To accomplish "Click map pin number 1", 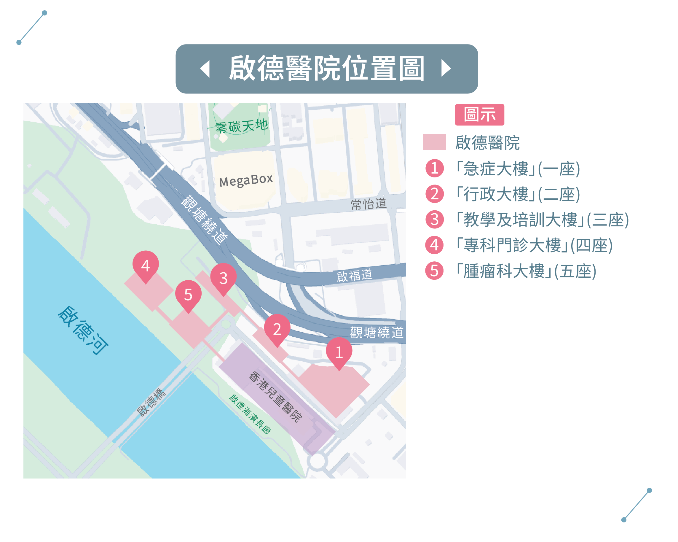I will (339, 352).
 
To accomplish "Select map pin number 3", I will (223, 278).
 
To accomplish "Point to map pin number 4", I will (145, 265).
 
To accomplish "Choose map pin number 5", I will (188, 295).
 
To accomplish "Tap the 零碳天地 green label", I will (241, 126).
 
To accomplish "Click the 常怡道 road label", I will (368, 204).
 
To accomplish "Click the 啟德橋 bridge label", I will (151, 402).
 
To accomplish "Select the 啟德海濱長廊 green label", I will (250, 414).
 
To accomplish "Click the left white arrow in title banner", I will (205, 69).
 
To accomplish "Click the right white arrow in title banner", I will (446, 68).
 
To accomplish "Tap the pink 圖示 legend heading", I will (479, 115).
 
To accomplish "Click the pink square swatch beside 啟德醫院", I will (434, 142).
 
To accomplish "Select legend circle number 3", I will (434, 220).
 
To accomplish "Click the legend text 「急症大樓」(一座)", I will (518, 169).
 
